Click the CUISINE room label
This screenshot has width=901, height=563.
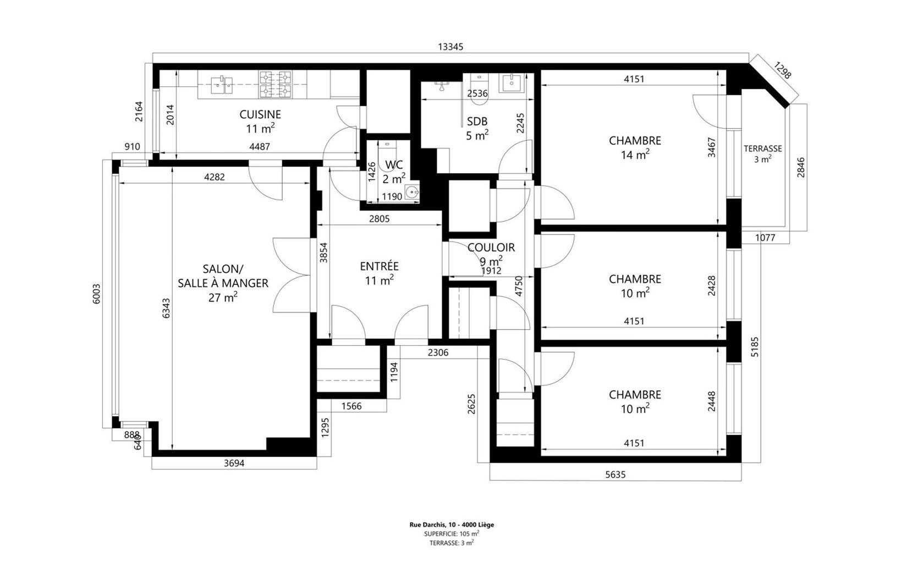pyautogui.click(x=260, y=114)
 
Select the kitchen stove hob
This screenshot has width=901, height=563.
pyautogui.click(x=275, y=85)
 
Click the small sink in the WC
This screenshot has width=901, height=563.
pyautogui.click(x=413, y=192)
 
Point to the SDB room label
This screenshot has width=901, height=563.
pyautogui.click(x=477, y=122)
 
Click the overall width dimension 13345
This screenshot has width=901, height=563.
pyautogui.click(x=451, y=47)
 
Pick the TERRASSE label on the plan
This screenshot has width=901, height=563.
pyautogui.click(x=762, y=149)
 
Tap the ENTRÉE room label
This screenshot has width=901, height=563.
pyautogui.click(x=380, y=266)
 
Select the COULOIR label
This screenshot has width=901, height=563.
pyautogui.click(x=491, y=247)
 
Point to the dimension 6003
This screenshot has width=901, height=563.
pyautogui.click(x=97, y=294)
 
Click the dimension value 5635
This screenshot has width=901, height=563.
pyautogui.click(x=616, y=475)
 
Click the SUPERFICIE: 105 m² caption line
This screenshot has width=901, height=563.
pyautogui.click(x=451, y=534)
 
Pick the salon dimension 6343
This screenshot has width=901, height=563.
pyautogui.click(x=166, y=308)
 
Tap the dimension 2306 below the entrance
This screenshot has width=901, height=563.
pyautogui.click(x=438, y=352)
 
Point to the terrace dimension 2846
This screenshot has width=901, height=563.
pyautogui.click(x=801, y=167)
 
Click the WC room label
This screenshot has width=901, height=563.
pyautogui.click(x=394, y=165)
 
